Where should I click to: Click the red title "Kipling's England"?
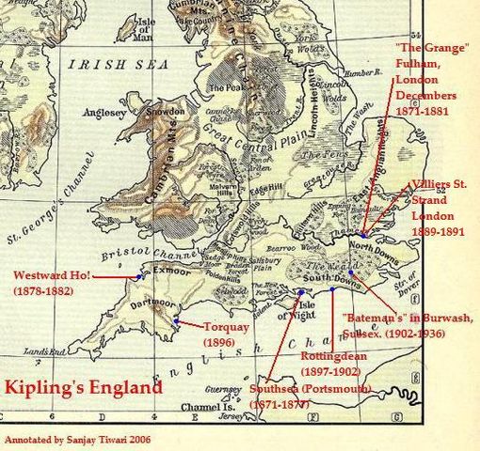(x=82, y=387)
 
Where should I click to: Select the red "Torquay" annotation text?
(x=226, y=328)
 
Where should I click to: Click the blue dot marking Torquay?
(x=177, y=321)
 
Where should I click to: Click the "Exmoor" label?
(x=163, y=270)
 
